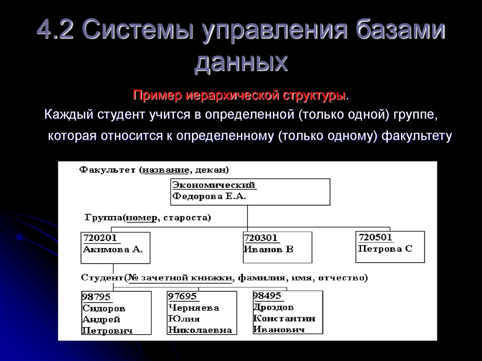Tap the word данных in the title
coord(241,63)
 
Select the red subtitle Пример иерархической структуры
coord(240,96)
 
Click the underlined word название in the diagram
coord(166,169)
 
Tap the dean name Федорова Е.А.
coord(209,197)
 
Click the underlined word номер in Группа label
coord(139,217)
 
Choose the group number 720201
coord(99,238)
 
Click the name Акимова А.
coord(112,249)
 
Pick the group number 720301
coord(261,238)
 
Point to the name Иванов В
coord(268,249)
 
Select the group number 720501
coord(376,237)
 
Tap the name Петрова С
coord(385,249)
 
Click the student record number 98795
coord(96,297)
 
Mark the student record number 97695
coord(182,297)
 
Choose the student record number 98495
coord(267,296)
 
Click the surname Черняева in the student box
coord(193,308)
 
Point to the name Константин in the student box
coord(284,319)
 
